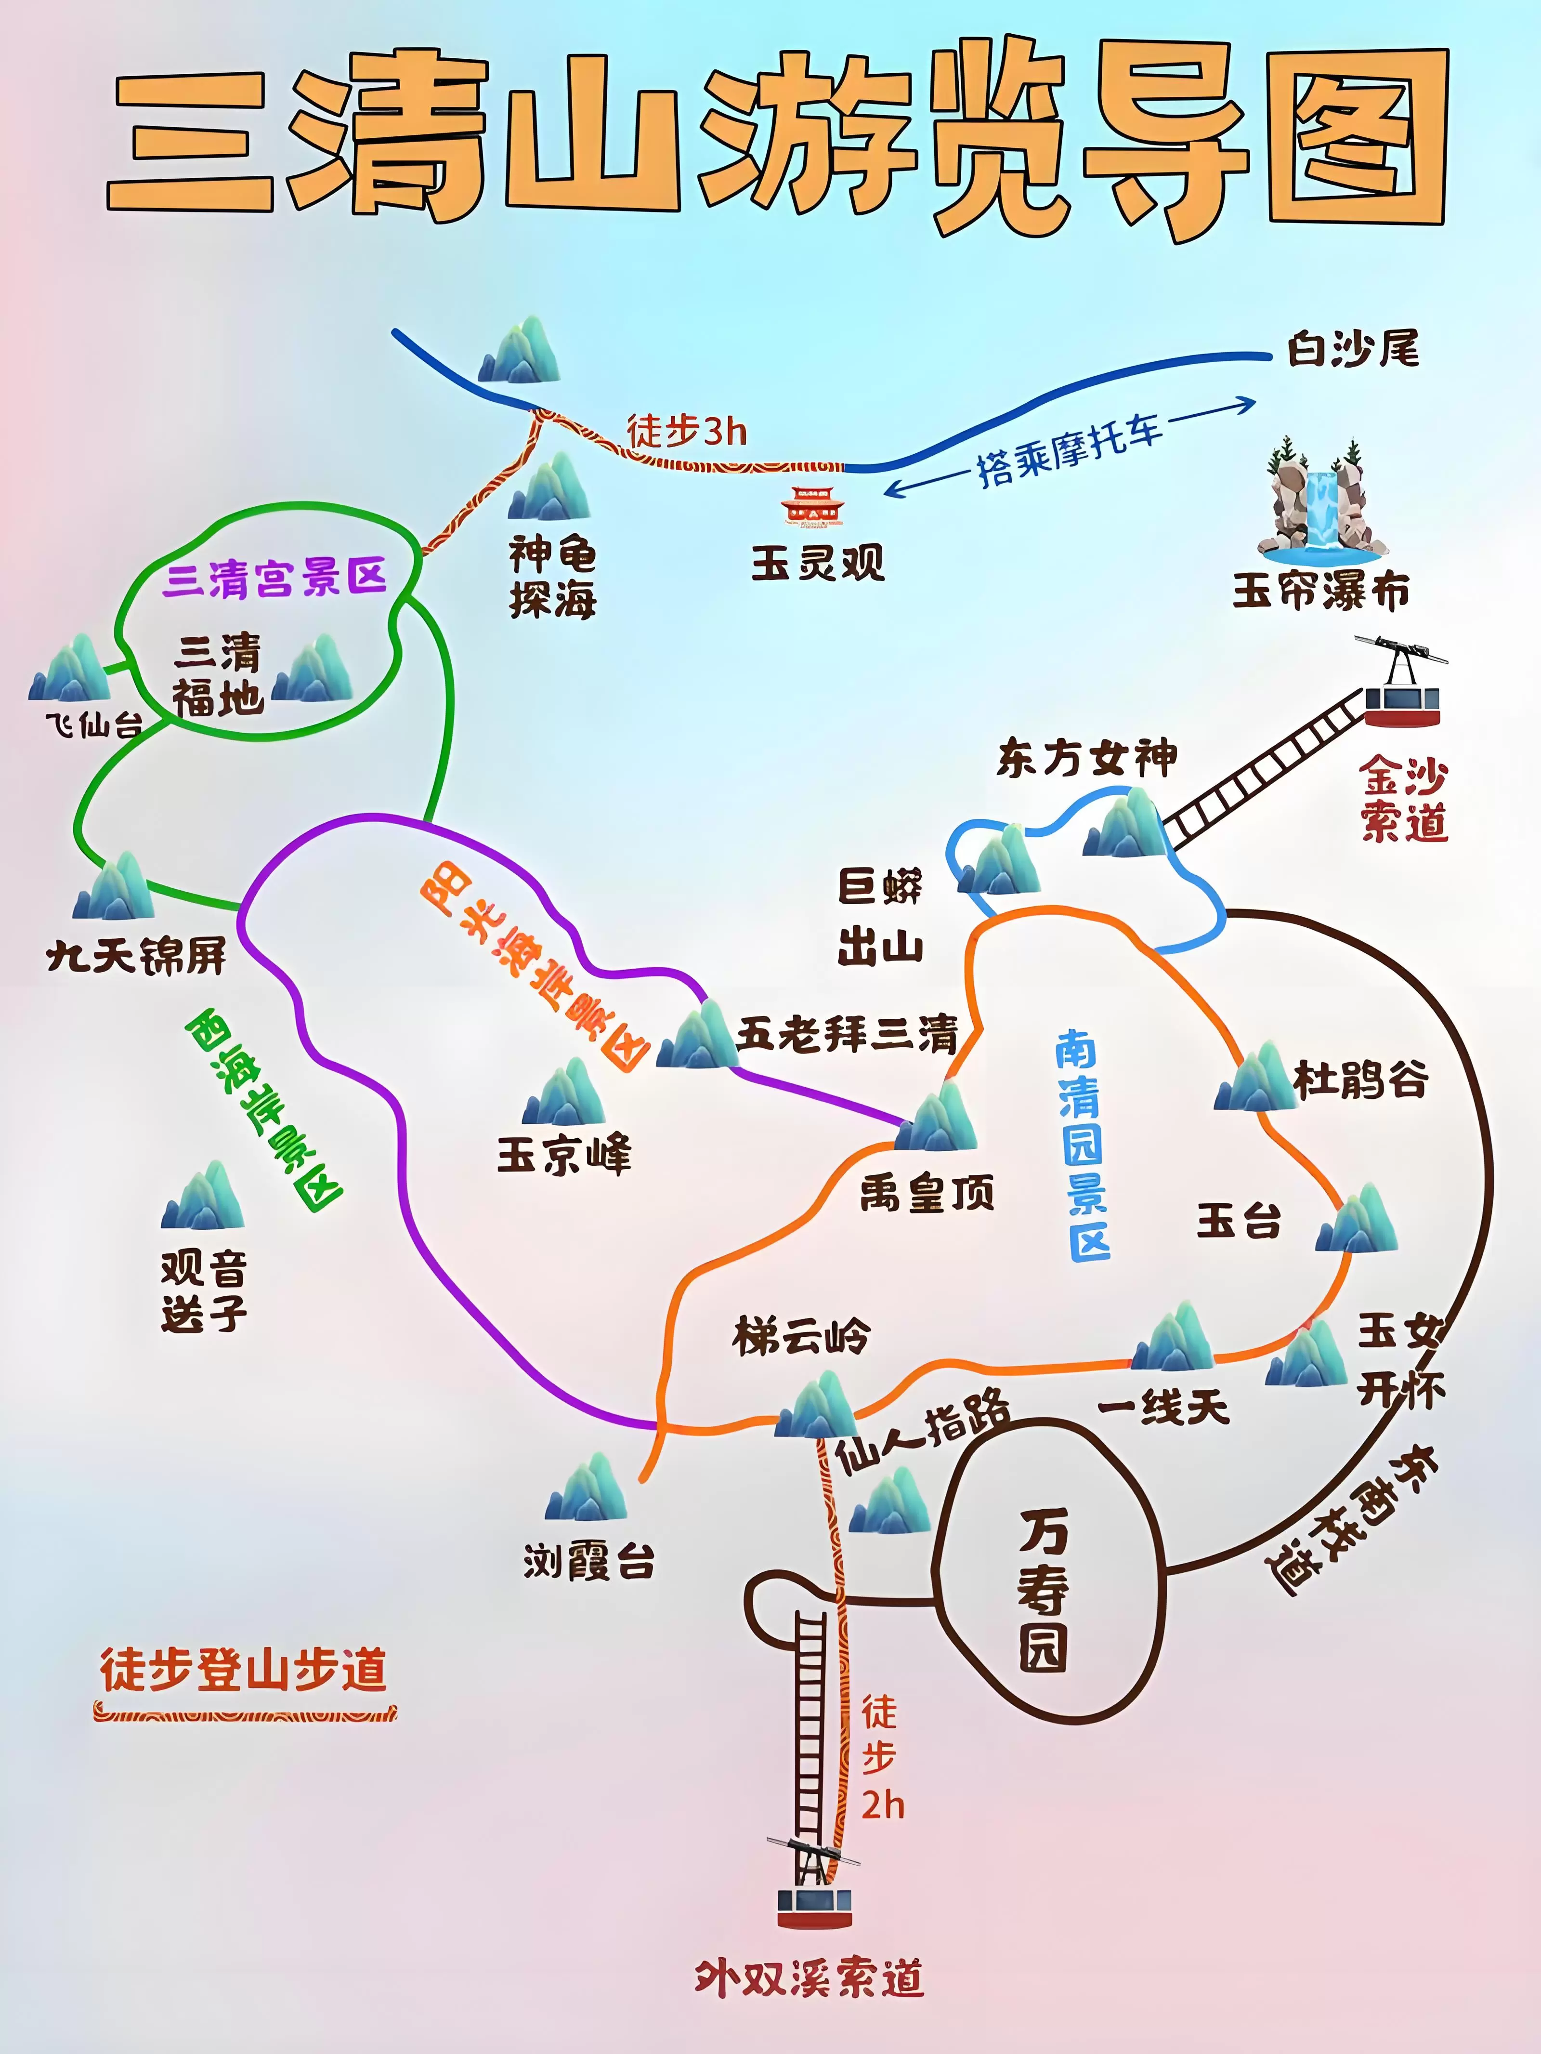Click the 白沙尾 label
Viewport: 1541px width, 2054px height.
(1353, 350)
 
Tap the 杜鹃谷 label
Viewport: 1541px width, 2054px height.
(1360, 1080)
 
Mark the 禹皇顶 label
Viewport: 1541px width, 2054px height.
(927, 1193)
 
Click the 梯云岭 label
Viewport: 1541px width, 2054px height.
(801, 1337)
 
